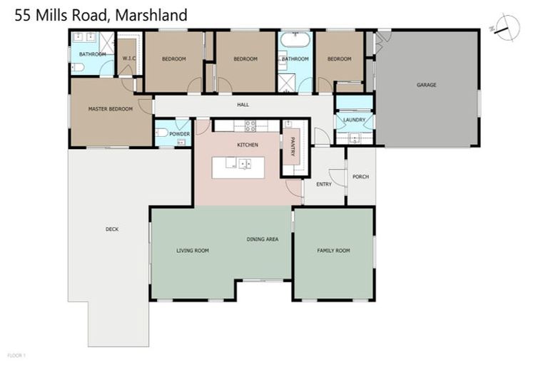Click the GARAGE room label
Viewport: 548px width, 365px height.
click(427, 85)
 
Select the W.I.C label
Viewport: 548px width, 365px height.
click(129, 58)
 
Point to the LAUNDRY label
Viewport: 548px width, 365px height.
click(354, 120)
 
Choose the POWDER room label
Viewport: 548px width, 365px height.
click(179, 134)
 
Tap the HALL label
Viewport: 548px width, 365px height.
click(243, 106)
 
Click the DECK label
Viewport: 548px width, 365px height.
click(112, 229)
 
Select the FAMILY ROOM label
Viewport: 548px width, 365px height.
click(333, 250)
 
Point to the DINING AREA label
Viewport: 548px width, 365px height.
click(262, 239)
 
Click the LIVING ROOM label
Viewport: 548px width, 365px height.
click(193, 250)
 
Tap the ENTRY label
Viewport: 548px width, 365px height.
click(325, 184)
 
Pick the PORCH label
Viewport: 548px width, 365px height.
click(360, 176)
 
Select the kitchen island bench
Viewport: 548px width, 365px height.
click(238, 167)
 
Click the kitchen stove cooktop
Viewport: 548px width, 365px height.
click(250, 126)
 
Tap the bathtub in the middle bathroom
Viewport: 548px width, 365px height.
click(294, 38)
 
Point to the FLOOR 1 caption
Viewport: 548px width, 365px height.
click(16, 354)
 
